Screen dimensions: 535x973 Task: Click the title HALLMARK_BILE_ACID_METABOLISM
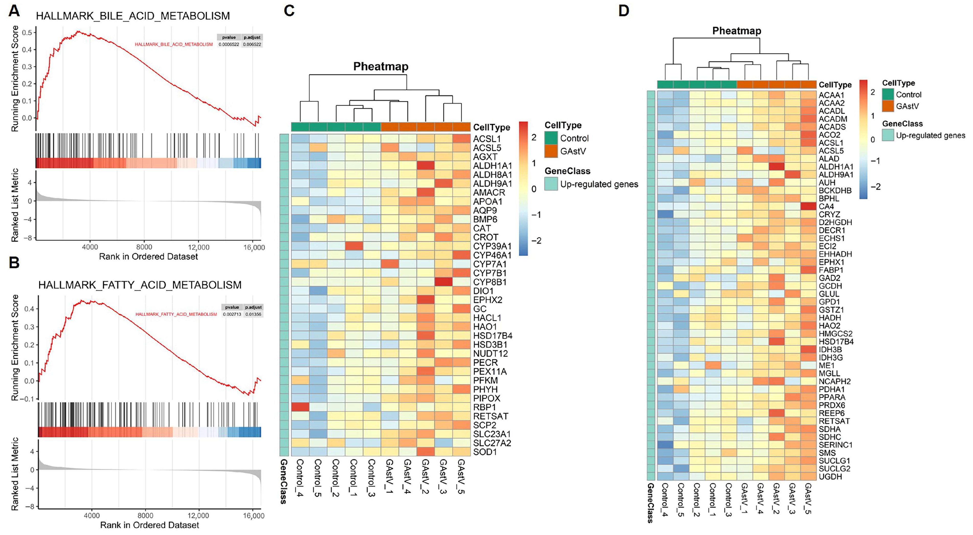coord(133,16)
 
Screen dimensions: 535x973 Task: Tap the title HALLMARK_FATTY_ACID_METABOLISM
coord(140,285)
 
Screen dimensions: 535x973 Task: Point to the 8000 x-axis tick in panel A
coord(144,247)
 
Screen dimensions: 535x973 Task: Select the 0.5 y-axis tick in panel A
coord(27,33)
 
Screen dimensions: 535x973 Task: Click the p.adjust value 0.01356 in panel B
coord(253,314)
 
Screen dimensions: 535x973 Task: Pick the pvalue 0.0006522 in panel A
coord(228,44)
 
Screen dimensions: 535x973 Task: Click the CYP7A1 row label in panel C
coord(490,264)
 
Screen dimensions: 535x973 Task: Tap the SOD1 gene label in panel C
coord(485,452)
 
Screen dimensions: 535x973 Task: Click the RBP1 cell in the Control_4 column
coord(300,407)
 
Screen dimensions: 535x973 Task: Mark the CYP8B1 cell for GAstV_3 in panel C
coord(443,282)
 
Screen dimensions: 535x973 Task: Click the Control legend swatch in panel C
coord(551,138)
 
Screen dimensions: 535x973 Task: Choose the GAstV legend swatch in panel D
coord(888,106)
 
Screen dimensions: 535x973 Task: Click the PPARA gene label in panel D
coord(832,397)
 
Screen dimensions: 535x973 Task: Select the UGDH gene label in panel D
coord(830,477)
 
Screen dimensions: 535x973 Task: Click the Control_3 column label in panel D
coord(729,499)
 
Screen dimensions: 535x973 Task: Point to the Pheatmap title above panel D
coord(737,31)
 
